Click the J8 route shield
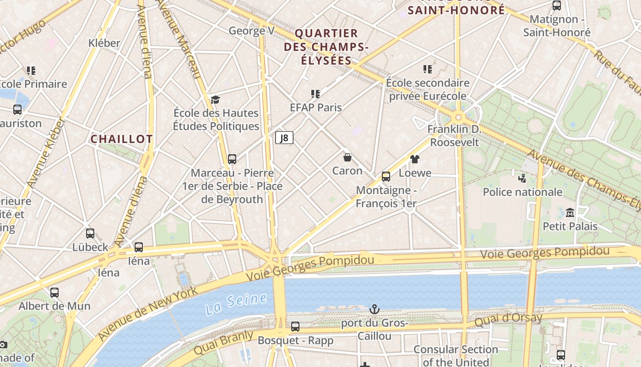(284, 138)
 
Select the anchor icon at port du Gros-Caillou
(375, 309)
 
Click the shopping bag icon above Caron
(348, 158)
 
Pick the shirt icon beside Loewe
(415, 159)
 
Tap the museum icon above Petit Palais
(570, 213)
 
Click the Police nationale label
(522, 192)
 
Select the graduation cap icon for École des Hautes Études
(215, 100)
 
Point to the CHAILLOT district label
(121, 139)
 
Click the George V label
(251, 31)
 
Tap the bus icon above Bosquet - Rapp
(295, 327)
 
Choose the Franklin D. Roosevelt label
(454, 136)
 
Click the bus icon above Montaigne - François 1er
(386, 177)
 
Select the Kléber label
(104, 43)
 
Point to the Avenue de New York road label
(147, 313)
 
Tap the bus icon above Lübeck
(90, 234)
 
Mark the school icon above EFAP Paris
(315, 94)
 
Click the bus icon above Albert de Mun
(54, 292)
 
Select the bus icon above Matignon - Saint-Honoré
(557, 6)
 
